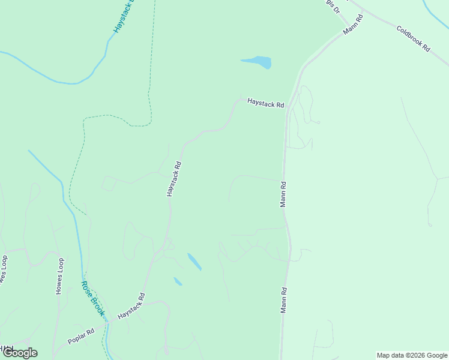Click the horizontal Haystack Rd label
coord(265,104)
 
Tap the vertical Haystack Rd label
coord(173,178)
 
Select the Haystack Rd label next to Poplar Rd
coord(131,307)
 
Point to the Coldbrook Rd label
coord(414,37)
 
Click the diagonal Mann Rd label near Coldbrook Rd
coord(354,23)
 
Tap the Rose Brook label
coord(93,298)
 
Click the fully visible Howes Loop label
coord(59,276)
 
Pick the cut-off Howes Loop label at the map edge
coord(4,271)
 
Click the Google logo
coord(19,353)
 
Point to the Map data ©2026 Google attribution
coord(412,355)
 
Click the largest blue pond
coord(257,62)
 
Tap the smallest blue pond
coord(178,281)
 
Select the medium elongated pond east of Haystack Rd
coord(194,262)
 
